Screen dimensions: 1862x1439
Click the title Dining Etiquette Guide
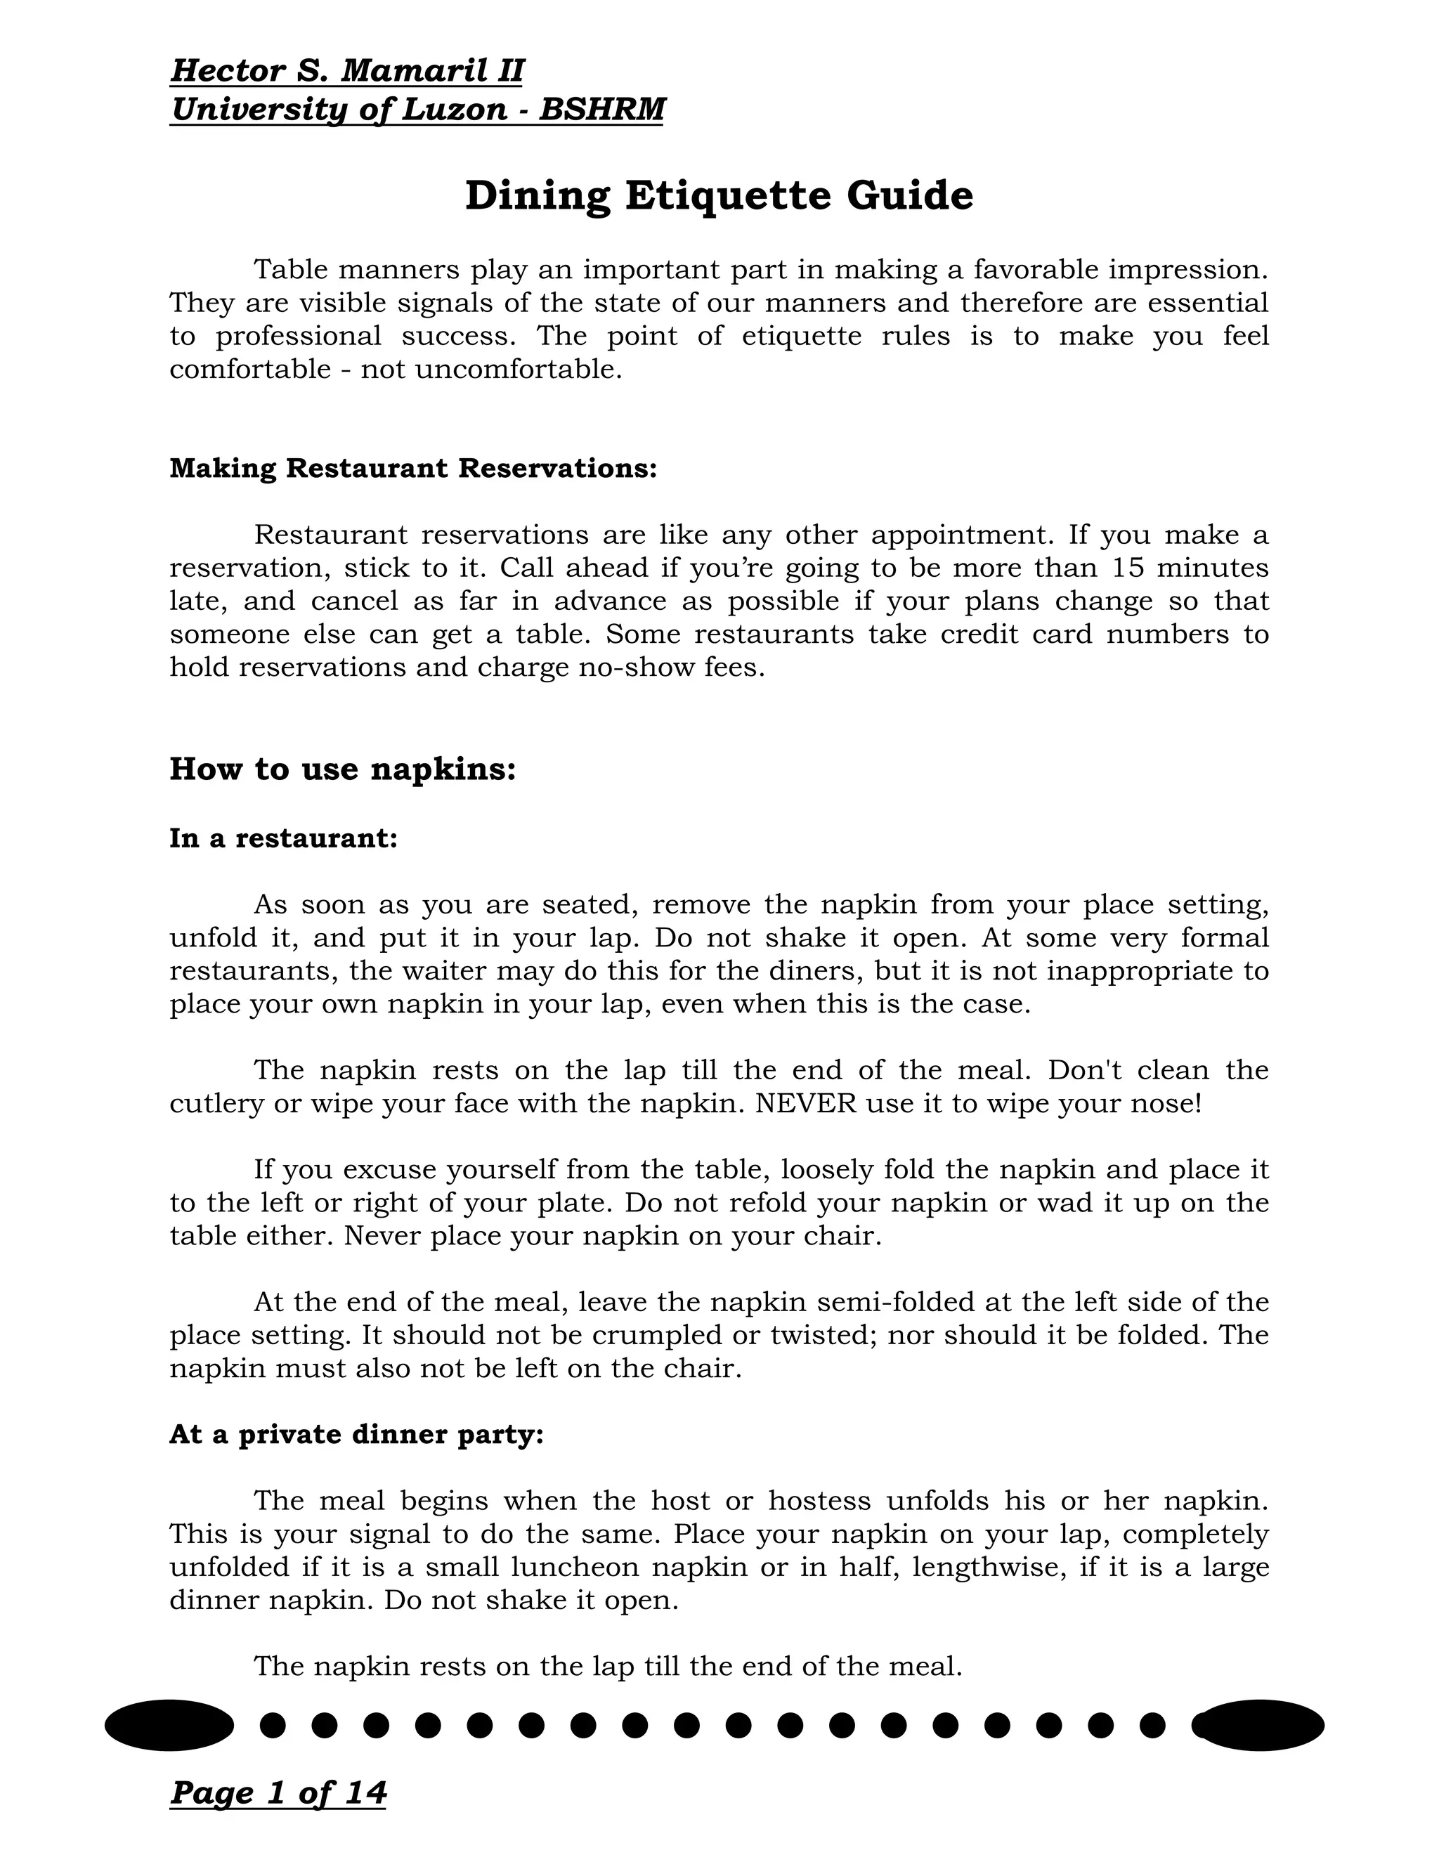click(719, 196)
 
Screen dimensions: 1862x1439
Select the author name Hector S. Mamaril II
click(347, 71)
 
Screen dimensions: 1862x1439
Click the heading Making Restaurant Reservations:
click(413, 468)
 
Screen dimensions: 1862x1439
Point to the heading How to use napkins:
click(343, 768)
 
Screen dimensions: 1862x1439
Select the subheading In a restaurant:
click(284, 838)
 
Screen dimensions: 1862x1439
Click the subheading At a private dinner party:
click(356, 1434)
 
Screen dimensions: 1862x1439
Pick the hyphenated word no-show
click(637, 667)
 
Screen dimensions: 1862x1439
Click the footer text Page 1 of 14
click(278, 1792)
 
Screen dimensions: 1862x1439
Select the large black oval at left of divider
click(169, 1725)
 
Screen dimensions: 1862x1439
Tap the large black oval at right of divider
click(1260, 1725)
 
